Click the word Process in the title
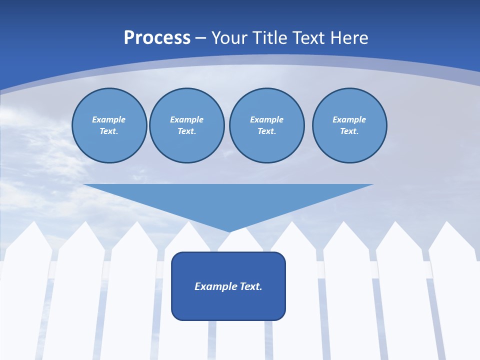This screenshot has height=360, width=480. coord(157,38)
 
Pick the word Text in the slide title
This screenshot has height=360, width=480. coord(307,38)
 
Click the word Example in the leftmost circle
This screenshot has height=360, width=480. coord(109,119)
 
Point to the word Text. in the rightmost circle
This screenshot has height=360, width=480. coord(349,131)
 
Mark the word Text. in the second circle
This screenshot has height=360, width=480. coord(187,131)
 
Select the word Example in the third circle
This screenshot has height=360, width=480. coord(267,119)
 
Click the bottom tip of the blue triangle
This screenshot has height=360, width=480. coord(229,231)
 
